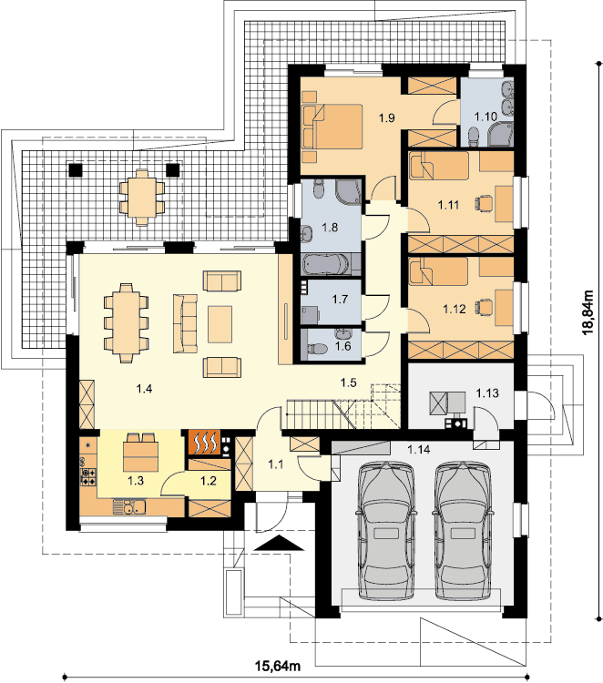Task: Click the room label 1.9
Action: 386,117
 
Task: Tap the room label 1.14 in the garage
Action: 418,449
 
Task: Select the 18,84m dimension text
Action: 588,311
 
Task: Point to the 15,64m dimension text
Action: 278,666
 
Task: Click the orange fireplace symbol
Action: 204,443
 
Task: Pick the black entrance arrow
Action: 279,543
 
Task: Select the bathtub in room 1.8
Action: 325,264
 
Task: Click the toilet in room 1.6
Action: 317,350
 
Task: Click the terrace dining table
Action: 142,198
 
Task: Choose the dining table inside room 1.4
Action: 126,322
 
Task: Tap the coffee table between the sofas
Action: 220,324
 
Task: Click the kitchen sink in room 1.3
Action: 129,506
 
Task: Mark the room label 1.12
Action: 455,310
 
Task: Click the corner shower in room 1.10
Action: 501,134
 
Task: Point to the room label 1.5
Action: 349,382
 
